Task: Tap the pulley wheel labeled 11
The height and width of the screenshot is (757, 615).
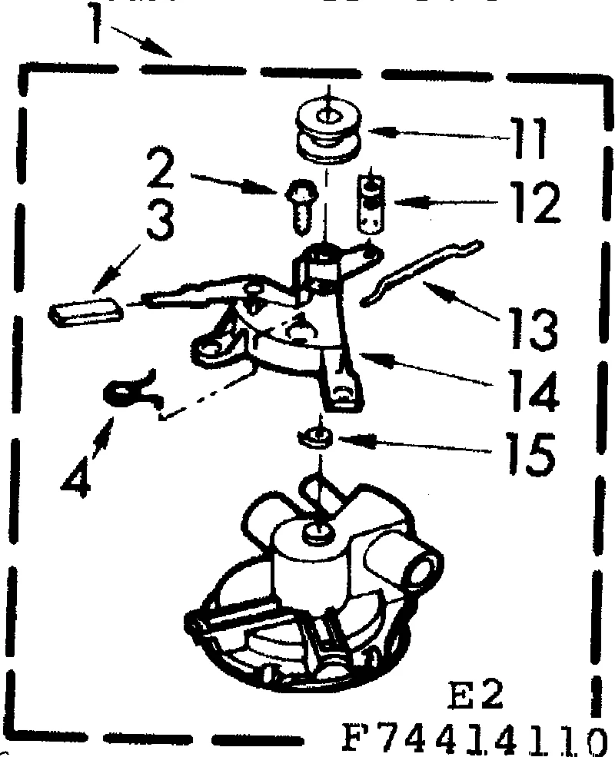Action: tap(328, 133)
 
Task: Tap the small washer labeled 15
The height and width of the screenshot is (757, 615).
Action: tap(315, 439)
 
